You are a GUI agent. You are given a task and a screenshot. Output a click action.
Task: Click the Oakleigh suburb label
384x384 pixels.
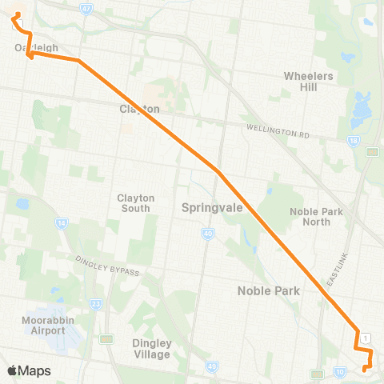click(x=37, y=48)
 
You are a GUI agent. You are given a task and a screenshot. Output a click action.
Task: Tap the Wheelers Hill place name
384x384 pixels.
click(x=308, y=82)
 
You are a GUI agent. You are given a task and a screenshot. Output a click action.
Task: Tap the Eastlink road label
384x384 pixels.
click(x=338, y=269)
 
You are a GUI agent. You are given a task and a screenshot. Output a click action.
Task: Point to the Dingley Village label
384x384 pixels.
click(x=151, y=349)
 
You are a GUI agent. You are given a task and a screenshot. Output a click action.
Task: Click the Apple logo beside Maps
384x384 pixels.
click(x=12, y=370)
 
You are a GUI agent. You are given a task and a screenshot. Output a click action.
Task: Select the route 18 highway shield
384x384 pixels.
click(x=353, y=141)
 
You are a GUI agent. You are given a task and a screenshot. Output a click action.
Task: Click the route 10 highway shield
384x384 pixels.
click(x=339, y=372)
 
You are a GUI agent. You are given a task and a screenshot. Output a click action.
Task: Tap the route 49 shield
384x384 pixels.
click(x=211, y=366)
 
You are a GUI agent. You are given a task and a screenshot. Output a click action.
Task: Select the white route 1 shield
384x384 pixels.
click(x=365, y=338)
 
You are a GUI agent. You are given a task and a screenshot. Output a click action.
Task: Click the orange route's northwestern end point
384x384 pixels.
click(x=17, y=15)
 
